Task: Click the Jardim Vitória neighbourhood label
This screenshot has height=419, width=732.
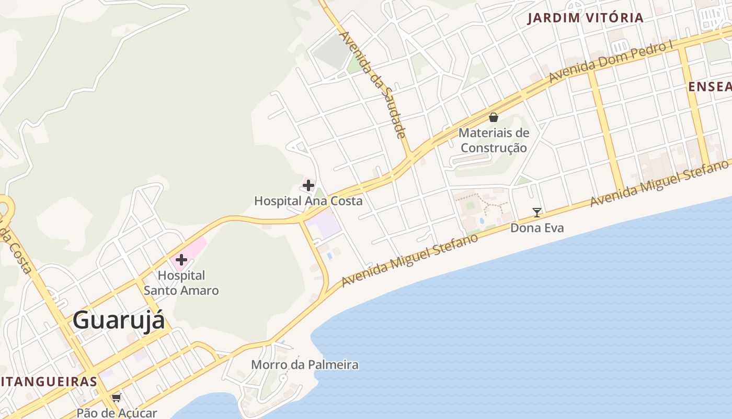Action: coord(585,18)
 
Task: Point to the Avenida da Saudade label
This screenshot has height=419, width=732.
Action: coord(372,85)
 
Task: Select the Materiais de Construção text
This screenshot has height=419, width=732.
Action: coord(494,140)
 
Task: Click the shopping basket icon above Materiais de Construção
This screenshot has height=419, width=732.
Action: coord(493,117)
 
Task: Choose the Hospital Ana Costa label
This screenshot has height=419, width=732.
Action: coord(308,201)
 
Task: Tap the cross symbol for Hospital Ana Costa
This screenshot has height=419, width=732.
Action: coord(308,185)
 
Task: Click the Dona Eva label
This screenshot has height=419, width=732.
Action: coord(537,228)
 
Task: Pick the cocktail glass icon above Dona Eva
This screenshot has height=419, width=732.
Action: coord(537,212)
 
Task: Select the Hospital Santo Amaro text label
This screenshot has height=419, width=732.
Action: coord(181,283)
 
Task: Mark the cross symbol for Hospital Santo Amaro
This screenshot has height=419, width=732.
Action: coord(181,259)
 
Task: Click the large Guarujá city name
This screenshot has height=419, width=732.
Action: coord(119,320)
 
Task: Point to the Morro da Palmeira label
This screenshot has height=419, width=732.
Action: coord(305,365)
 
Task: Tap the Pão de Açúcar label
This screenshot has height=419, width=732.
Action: coord(117,413)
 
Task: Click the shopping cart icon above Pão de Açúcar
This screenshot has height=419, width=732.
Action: coord(116,398)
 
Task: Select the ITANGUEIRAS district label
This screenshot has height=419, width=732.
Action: coord(49,381)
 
